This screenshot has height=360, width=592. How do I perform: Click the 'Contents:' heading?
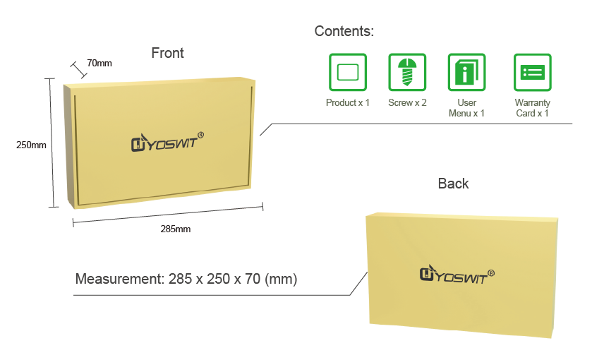tap(344, 31)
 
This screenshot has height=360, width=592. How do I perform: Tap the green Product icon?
tap(348, 72)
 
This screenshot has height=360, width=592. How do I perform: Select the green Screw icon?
tap(407, 72)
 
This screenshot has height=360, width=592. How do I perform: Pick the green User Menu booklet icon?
tap(466, 72)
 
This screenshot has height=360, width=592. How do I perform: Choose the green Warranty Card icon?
tap(532, 72)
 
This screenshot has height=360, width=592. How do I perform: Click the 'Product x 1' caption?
tap(348, 103)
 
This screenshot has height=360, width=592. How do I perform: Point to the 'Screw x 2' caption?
tap(407, 103)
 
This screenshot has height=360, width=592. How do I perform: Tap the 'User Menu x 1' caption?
tap(466, 108)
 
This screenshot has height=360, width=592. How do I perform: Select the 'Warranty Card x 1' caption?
tap(532, 108)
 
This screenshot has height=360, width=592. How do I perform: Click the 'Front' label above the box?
tap(167, 53)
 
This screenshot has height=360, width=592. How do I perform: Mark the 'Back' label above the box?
tap(453, 184)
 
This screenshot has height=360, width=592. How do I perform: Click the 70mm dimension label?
tap(99, 64)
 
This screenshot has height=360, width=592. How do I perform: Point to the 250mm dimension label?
tap(31, 145)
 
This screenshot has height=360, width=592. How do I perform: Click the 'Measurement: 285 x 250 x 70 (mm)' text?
tap(186, 279)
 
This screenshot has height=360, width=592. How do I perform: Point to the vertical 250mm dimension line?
tap(52, 143)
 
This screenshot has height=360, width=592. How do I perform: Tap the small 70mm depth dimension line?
tap(78, 69)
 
